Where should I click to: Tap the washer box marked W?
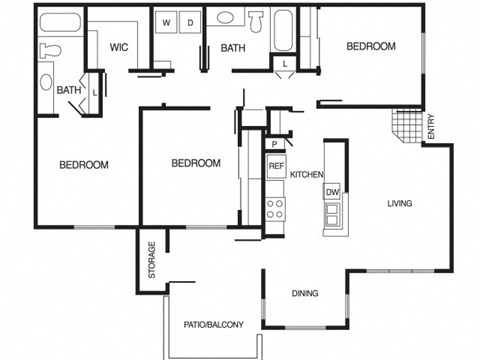(166, 21)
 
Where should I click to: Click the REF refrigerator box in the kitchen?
(276, 166)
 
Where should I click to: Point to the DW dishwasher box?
(331, 191)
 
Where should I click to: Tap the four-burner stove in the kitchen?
(276, 210)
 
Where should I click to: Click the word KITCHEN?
(306, 175)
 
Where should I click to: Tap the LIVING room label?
(400, 204)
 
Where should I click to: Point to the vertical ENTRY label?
(431, 128)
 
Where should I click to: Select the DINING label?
(305, 294)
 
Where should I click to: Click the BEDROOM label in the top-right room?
(371, 47)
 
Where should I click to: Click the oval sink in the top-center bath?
(226, 17)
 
